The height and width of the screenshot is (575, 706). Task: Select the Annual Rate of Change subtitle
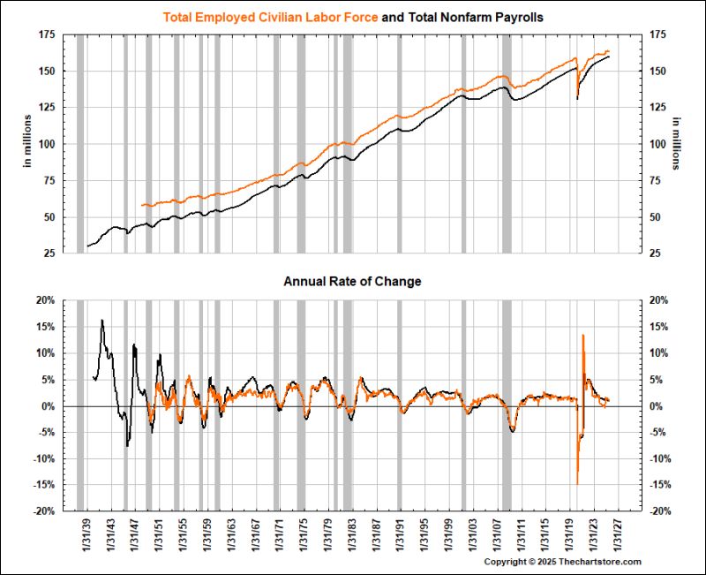coord(352,282)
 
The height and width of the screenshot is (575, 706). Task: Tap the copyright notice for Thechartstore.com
coord(562,562)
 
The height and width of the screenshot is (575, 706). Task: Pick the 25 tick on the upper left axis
coord(49,253)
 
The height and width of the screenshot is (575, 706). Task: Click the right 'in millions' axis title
coord(678,143)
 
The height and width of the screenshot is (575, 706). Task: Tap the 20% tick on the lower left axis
coord(44,300)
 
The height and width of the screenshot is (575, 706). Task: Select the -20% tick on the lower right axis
coord(663,511)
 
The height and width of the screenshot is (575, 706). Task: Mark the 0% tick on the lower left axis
coord(48,406)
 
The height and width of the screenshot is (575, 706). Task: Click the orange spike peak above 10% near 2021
coord(583,335)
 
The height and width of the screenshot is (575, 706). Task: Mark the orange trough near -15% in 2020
coord(577,484)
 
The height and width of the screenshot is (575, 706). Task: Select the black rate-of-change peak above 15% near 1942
coord(102,320)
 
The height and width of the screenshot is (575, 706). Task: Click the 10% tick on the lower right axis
coord(660,353)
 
